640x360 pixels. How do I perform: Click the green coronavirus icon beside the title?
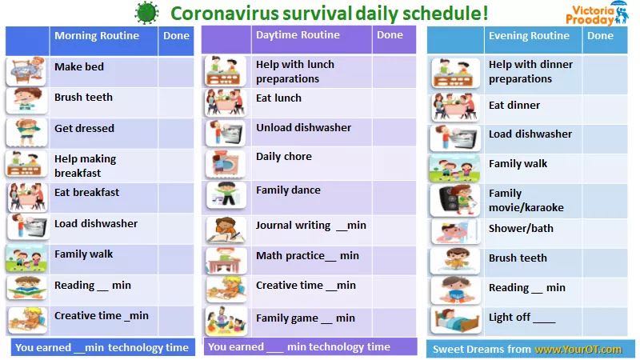click(146, 12)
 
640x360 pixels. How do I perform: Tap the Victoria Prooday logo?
click(597, 14)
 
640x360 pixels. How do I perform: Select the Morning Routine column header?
click(97, 35)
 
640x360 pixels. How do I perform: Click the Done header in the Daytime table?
click(390, 34)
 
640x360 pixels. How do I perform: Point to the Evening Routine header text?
click(529, 35)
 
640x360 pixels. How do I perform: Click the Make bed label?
click(79, 66)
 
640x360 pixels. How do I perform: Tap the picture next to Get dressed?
click(26, 133)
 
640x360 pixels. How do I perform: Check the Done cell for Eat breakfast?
click(176, 198)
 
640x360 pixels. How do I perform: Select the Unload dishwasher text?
click(304, 127)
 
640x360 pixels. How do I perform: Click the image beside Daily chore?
click(226, 164)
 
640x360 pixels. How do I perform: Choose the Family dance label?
click(288, 190)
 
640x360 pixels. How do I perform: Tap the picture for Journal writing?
click(226, 230)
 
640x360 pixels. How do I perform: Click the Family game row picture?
click(226, 321)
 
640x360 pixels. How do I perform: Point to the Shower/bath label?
click(521, 228)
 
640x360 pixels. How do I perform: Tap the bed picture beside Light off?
click(455, 321)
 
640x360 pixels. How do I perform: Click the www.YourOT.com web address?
click(578, 350)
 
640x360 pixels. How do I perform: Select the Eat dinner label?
click(514, 105)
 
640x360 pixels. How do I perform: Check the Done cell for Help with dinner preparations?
click(605, 74)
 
